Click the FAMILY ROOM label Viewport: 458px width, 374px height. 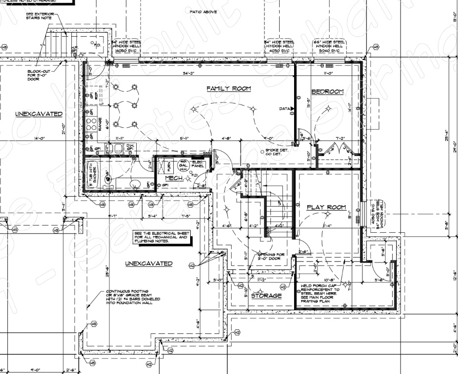228,89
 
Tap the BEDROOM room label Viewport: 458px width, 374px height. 327,92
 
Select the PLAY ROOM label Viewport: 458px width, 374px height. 326,207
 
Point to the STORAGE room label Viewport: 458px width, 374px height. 266,296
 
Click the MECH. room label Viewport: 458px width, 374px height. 174,178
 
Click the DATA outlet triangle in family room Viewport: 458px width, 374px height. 292,108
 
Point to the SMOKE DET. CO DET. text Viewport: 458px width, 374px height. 277,152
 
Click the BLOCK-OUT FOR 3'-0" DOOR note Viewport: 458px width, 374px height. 39,75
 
